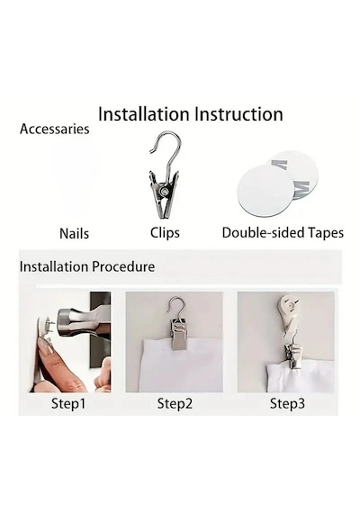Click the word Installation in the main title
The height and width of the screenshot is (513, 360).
coord(144,114)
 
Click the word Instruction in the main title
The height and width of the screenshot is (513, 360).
coord(238,114)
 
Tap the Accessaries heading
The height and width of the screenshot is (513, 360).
coord(54,129)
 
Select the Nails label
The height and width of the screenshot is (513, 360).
coord(74,233)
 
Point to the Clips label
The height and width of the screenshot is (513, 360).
coord(165,233)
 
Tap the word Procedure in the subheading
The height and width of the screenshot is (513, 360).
coord(123,266)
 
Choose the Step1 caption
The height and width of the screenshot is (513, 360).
coord(68,403)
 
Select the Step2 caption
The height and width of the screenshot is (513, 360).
coord(175,403)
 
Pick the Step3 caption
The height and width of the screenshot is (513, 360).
coord(287,403)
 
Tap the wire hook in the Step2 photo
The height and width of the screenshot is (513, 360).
coord(176,307)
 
